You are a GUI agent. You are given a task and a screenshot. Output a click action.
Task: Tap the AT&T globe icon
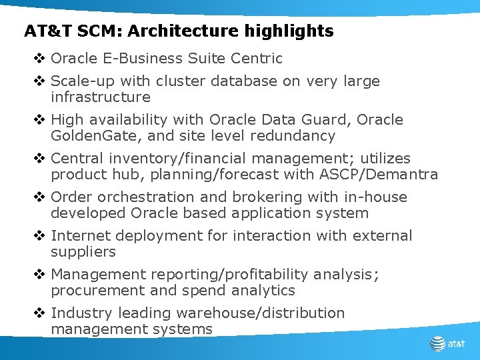pyautogui.click(x=437, y=343)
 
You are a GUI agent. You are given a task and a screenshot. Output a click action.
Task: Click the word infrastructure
pyautogui.click(x=101, y=97)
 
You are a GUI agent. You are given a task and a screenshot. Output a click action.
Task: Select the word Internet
pyautogui.click(x=79, y=236)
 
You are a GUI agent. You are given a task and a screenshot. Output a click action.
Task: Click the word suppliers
pyautogui.click(x=83, y=252)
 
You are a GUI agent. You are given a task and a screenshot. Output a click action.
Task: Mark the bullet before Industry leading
pyautogui.click(x=38, y=313)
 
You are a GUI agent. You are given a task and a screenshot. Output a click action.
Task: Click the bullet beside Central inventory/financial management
pyautogui.click(x=38, y=159)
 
